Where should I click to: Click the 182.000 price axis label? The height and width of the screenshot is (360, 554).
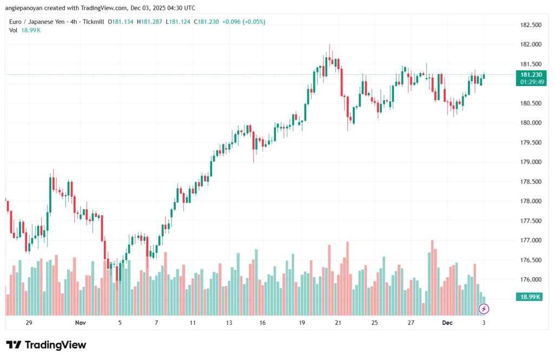[531, 44]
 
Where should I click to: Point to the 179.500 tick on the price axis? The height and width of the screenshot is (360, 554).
[531, 142]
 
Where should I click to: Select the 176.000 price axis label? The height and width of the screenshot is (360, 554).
[531, 279]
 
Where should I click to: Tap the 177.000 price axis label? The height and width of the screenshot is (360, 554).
[531, 240]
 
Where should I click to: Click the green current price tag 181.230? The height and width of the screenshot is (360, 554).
[531, 75]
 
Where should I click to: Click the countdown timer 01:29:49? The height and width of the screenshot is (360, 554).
[531, 82]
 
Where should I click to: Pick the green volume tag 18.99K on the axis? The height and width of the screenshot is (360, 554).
[531, 297]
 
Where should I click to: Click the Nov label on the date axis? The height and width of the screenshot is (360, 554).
[81, 323]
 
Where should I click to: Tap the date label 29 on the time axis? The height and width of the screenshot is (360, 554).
[29, 323]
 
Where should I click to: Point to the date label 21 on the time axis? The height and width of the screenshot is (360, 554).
[338, 323]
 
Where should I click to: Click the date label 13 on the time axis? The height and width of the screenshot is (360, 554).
[229, 323]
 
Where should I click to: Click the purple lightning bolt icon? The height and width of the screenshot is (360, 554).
[484, 309]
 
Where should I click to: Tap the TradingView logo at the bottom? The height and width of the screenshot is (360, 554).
[47, 345]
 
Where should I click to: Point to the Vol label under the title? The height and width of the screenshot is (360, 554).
[14, 30]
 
